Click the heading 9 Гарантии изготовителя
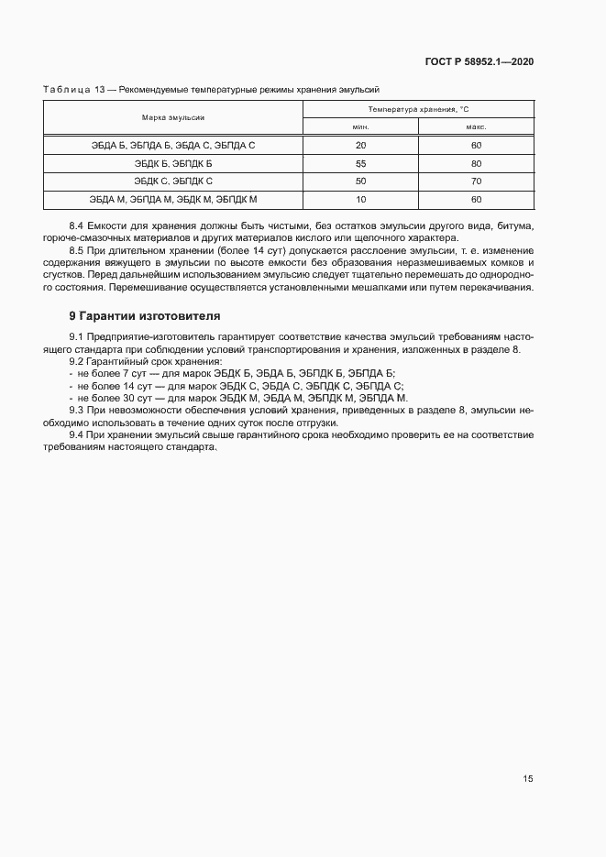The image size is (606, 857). pyautogui.click(x=138, y=317)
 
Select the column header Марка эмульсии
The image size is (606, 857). pyautogui.click(x=172, y=118)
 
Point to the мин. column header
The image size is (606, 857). pyautogui.click(x=360, y=127)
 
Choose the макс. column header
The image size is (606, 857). pyautogui.click(x=475, y=127)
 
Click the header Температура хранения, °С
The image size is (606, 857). pyautogui.click(x=418, y=109)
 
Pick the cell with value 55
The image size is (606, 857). pyautogui.click(x=360, y=163)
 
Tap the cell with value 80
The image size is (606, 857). pyautogui.click(x=476, y=163)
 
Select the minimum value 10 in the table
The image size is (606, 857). pyautogui.click(x=360, y=199)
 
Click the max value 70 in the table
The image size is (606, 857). pyautogui.click(x=476, y=181)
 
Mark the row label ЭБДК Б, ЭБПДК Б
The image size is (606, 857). pyautogui.click(x=172, y=163)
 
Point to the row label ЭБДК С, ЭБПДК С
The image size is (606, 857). pyautogui.click(x=172, y=181)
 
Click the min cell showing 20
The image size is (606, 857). pyautogui.click(x=360, y=146)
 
